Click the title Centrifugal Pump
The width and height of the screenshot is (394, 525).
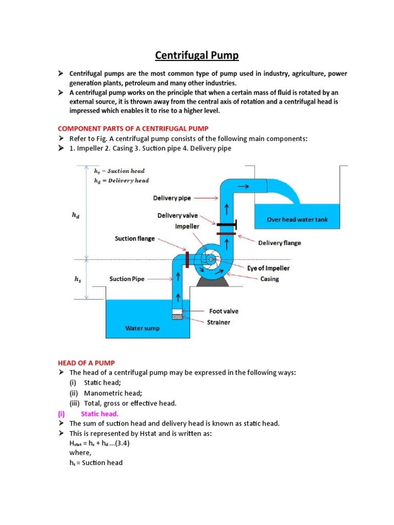tap(198, 55)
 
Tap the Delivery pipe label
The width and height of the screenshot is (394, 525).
tap(172, 197)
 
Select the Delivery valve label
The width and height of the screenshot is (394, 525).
tap(178, 216)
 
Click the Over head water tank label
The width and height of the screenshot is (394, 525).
tap(297, 219)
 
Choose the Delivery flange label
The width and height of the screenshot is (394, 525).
tap(280, 243)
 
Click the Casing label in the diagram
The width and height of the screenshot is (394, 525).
tap(270, 279)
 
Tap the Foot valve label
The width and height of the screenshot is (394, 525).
tap(224, 311)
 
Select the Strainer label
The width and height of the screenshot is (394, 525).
tap(219, 322)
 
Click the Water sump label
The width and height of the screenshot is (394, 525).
tap(142, 328)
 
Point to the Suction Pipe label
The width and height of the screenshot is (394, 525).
tap(127, 279)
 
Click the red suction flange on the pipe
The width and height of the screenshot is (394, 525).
tap(187, 259)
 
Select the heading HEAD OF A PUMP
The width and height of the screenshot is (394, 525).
tap(86, 362)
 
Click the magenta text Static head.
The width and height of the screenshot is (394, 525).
tap(100, 413)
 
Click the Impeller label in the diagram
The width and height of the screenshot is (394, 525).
tap(187, 226)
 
